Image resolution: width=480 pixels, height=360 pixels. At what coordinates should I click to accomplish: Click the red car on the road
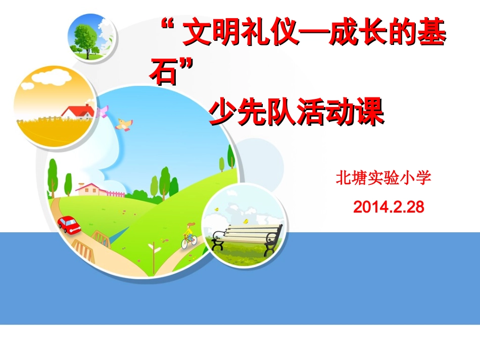tap(69, 224)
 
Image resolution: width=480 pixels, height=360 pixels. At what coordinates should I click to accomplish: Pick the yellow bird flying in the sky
tap(124, 123)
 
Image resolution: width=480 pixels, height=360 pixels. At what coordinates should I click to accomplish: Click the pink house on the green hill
tap(91, 189)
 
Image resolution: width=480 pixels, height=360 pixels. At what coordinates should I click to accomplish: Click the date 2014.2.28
tap(389, 207)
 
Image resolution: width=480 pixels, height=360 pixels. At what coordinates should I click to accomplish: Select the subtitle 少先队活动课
tap(297, 112)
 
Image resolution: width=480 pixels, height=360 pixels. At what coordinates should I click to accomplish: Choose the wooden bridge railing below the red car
tap(84, 247)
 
